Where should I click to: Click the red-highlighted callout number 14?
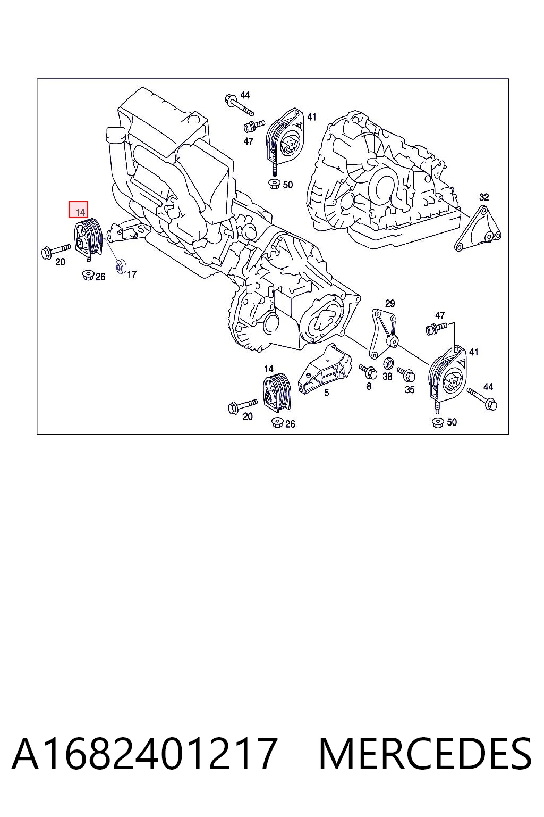coord(80,212)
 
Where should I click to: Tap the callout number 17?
coord(132,274)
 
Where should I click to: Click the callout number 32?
coord(484,197)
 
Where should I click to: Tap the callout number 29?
coord(390,304)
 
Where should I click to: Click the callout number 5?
coord(327,393)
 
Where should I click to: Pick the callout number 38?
coord(387,376)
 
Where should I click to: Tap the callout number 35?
coord(410,389)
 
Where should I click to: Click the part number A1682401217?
coord(143,754)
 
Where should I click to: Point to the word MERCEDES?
coord(425,754)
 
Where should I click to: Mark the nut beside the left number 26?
coord(88,274)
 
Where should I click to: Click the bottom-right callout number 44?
coord(488,387)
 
